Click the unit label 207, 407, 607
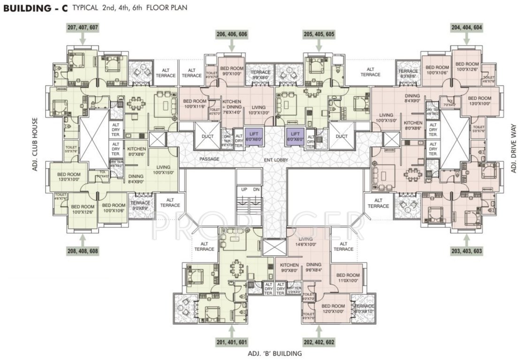pyautogui.click(x=83, y=28)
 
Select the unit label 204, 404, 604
pyautogui.click(x=466, y=28)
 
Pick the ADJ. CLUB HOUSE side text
pyautogui.click(x=35, y=144)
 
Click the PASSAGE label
pyautogui.click(x=209, y=159)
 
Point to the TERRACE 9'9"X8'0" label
pyautogui.click(x=260, y=75)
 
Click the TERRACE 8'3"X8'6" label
pyautogui.click(x=409, y=73)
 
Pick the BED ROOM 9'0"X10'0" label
pyautogui.click(x=231, y=70)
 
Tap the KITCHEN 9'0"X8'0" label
pyautogui.click(x=289, y=267)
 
